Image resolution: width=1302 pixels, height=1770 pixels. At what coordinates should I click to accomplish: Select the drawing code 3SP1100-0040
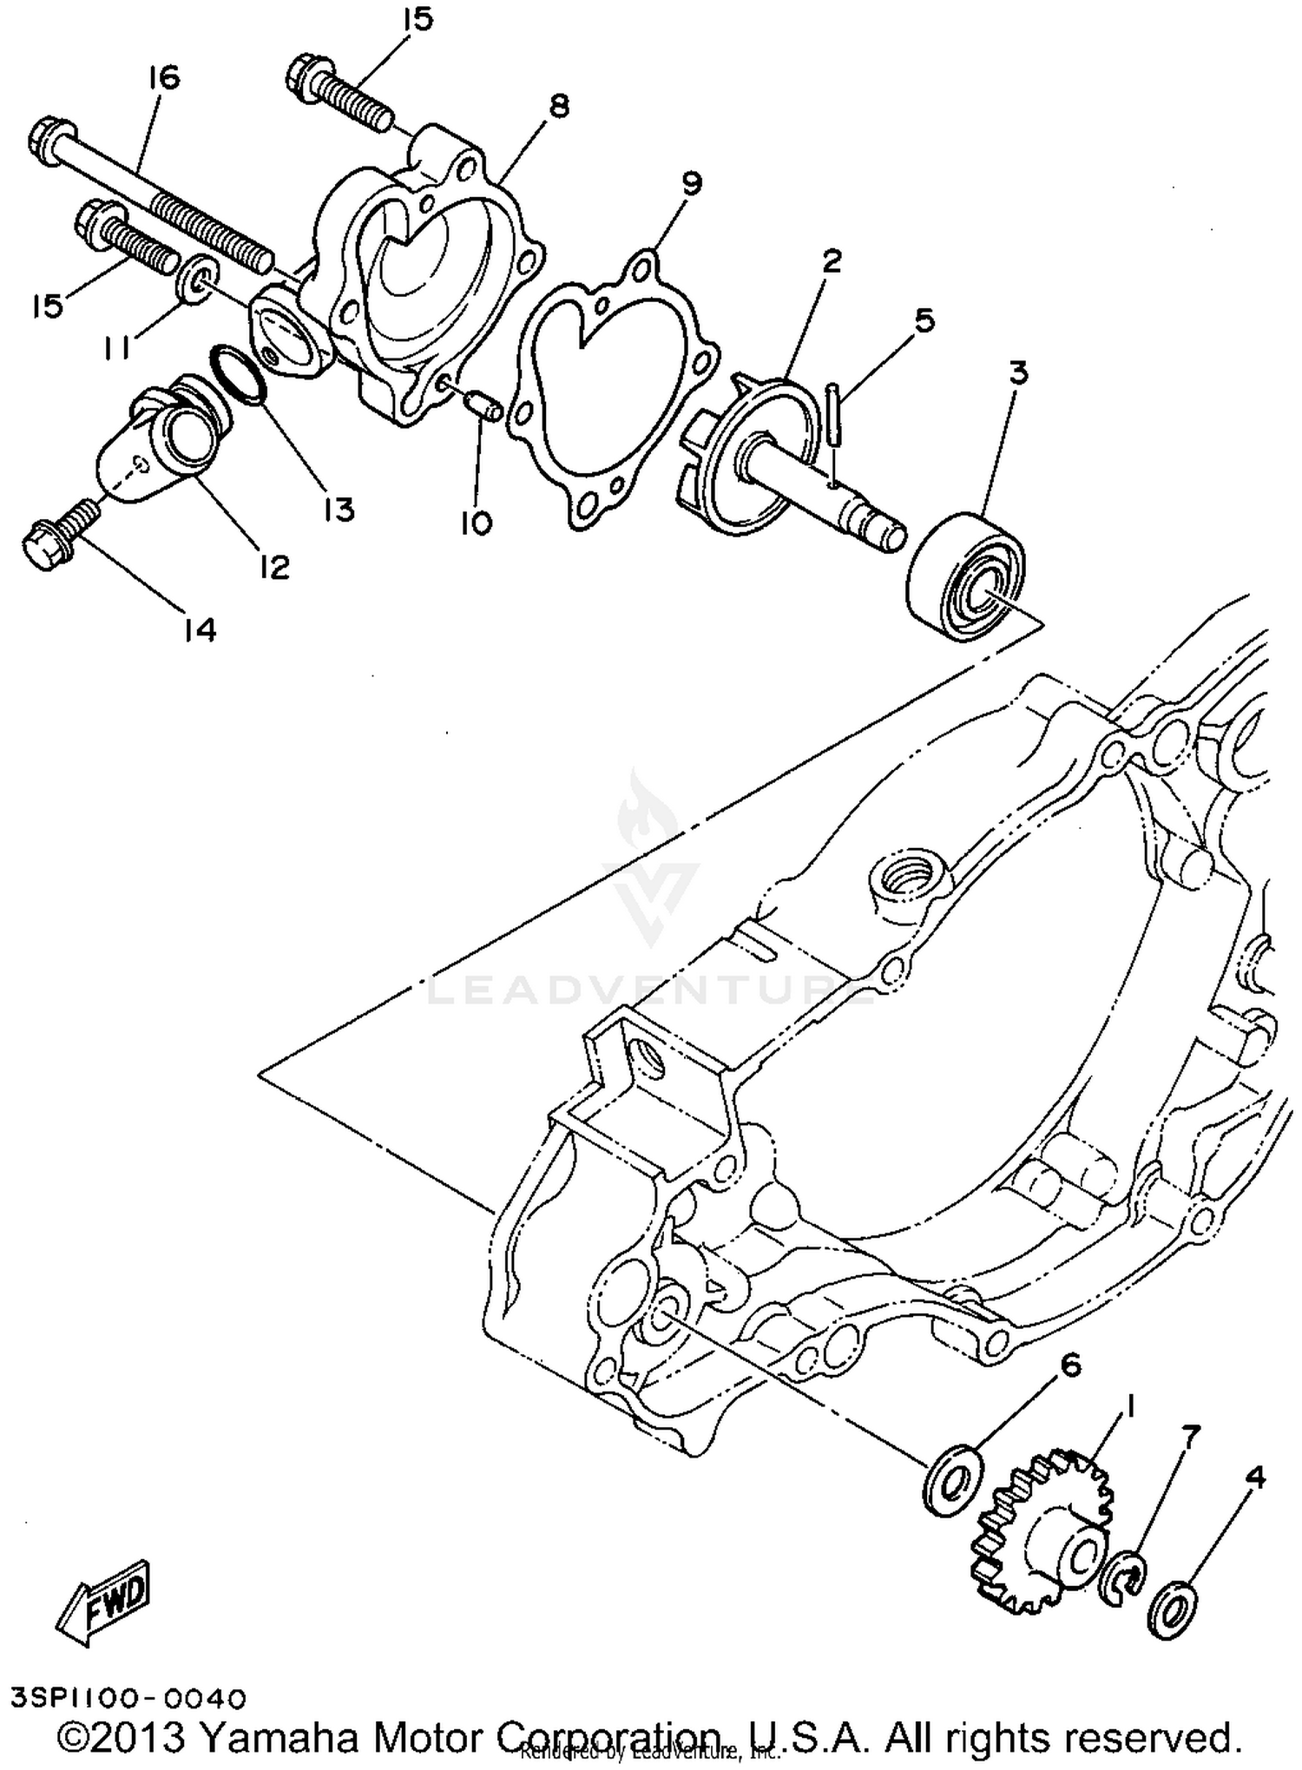click(129, 1695)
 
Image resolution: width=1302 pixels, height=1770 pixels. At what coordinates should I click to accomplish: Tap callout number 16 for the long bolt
click(162, 77)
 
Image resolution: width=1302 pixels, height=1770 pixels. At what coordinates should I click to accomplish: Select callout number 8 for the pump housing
click(559, 107)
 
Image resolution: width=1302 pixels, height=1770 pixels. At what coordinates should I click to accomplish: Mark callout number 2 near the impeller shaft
click(831, 260)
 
